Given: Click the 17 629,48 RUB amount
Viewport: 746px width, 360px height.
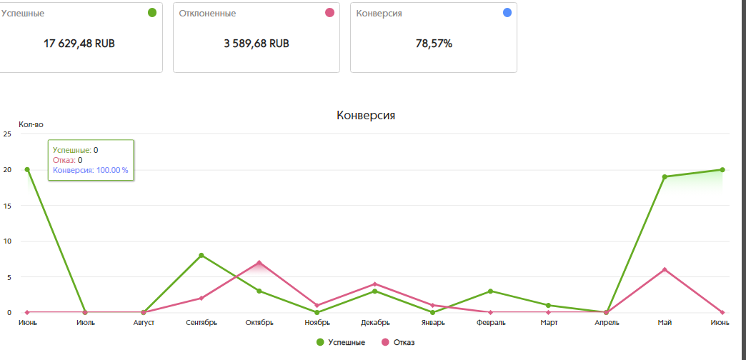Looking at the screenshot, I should point(79,44).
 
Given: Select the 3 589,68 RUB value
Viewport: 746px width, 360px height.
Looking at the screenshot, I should point(256,44).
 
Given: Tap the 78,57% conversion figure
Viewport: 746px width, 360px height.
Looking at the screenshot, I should point(434,44).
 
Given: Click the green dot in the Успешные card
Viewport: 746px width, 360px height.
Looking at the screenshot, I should point(151,13).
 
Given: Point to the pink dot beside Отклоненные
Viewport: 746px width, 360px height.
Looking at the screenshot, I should point(329,13).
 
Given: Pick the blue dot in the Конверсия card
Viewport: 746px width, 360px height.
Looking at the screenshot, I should point(507,13).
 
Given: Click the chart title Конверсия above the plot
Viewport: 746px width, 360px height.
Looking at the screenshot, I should point(366,115).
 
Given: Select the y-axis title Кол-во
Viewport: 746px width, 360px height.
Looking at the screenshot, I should point(31,125).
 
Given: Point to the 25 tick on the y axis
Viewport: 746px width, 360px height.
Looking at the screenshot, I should point(7,134).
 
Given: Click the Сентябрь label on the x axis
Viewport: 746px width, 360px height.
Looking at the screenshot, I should point(202,323).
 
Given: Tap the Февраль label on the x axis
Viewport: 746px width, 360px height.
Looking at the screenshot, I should point(490,323).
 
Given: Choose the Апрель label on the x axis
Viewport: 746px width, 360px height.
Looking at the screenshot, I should point(606,323).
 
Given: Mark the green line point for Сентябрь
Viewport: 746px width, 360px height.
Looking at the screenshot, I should point(202,255).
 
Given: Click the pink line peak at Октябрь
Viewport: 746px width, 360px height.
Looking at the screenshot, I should point(259,262).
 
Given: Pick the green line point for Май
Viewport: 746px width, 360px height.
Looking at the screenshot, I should point(665,176).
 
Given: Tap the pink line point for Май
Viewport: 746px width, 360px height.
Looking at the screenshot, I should point(665,269).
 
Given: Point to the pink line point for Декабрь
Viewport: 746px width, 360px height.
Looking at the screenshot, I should point(375,284).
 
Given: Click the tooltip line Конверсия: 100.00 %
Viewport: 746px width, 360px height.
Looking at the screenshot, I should point(90,171).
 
